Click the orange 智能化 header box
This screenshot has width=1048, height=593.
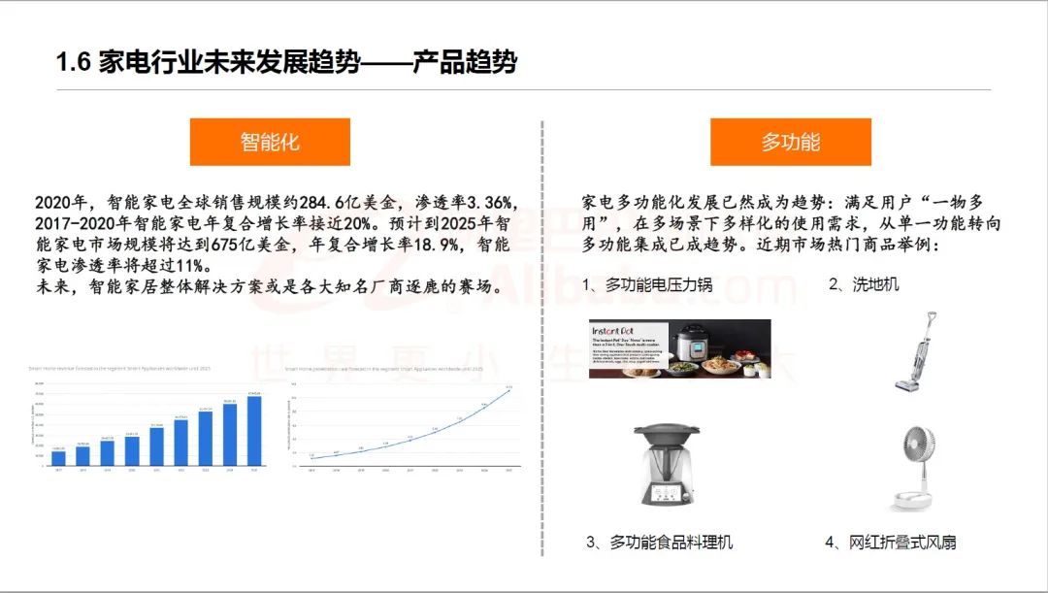pyautogui.click(x=269, y=142)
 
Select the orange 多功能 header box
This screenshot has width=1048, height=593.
pyautogui.click(x=790, y=142)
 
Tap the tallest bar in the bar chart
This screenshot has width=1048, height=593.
pyautogui.click(x=254, y=431)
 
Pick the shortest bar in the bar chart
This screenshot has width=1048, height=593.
pyautogui.click(x=58, y=458)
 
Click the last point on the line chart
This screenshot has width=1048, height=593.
pyautogui.click(x=508, y=390)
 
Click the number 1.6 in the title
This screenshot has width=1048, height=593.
pyautogui.click(x=74, y=64)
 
